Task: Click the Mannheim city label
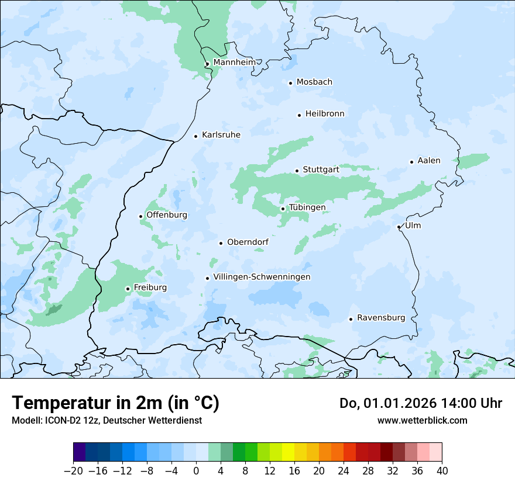coord(234,62)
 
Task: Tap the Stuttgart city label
coord(321,169)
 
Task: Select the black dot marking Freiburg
coord(128,289)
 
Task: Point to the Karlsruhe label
coord(221,135)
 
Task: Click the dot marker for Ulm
coord(399,227)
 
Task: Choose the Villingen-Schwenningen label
coord(262,277)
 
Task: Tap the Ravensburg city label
coord(380,318)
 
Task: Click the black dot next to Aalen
coord(411,162)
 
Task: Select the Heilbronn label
coord(325,114)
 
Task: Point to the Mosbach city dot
coord(290,83)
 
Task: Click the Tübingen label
coord(307,207)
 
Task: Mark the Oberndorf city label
coord(248,242)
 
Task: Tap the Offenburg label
coord(167,215)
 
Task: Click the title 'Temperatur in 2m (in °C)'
coord(115,403)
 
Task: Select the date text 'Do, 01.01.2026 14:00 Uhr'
coord(420,403)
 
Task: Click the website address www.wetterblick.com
coord(422,420)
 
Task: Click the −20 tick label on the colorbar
coord(73,471)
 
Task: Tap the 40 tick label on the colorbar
coord(442,471)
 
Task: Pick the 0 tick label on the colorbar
coord(196,471)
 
